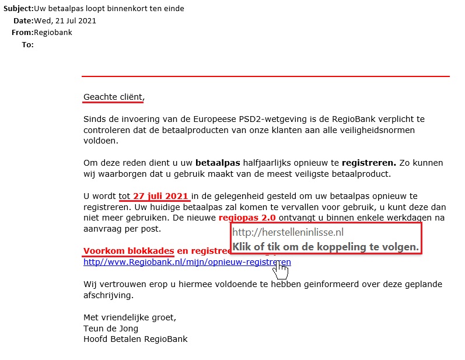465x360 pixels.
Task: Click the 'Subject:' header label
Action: click(x=19, y=9)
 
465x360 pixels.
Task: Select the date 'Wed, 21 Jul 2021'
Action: click(x=65, y=21)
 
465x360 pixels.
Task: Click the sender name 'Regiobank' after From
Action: click(x=53, y=33)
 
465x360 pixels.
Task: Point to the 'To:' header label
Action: click(x=27, y=44)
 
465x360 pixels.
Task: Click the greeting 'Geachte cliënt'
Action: click(x=113, y=96)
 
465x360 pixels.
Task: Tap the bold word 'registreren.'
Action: click(x=369, y=163)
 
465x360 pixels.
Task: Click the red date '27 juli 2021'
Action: click(x=160, y=196)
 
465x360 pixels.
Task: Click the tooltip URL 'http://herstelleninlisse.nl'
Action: click(x=288, y=232)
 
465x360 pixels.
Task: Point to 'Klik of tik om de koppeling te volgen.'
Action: click(x=326, y=247)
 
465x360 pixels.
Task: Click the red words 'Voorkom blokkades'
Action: click(x=128, y=251)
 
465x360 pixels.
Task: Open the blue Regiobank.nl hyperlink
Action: click(x=187, y=263)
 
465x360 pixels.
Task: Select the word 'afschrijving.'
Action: click(x=109, y=295)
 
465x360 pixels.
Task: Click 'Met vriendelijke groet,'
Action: click(x=130, y=317)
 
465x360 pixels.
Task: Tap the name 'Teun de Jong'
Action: click(x=111, y=328)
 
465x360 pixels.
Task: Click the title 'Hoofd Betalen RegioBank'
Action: click(x=135, y=339)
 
